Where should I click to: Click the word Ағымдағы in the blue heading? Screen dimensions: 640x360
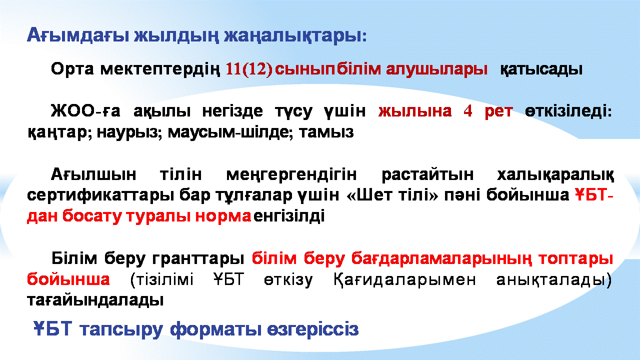point(78,36)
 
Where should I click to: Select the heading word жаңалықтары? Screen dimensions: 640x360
point(295,36)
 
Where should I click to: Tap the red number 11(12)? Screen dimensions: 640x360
point(249,69)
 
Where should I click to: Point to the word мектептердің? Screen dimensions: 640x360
point(160,69)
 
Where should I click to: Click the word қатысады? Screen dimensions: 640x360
point(541,69)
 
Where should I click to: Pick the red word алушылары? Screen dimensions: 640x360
point(437,69)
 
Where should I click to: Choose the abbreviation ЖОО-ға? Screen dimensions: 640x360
point(85,111)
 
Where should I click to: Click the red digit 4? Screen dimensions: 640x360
point(467,111)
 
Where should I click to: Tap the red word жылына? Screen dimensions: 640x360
point(415,111)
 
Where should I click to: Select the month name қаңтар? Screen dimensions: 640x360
point(59,132)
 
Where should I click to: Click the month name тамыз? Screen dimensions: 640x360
point(326,132)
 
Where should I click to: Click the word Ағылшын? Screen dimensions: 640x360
point(93,174)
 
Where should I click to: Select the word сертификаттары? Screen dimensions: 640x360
point(100,195)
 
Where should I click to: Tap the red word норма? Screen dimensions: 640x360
point(223,216)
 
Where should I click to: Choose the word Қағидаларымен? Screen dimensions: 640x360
point(404,279)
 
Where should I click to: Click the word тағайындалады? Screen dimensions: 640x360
point(95,300)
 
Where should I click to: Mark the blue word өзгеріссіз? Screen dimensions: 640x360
point(313,329)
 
